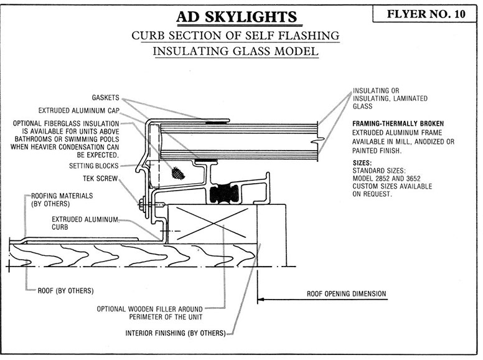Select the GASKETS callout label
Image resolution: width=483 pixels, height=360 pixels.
coord(104,99)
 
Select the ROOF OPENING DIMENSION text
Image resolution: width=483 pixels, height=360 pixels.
coord(347,293)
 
